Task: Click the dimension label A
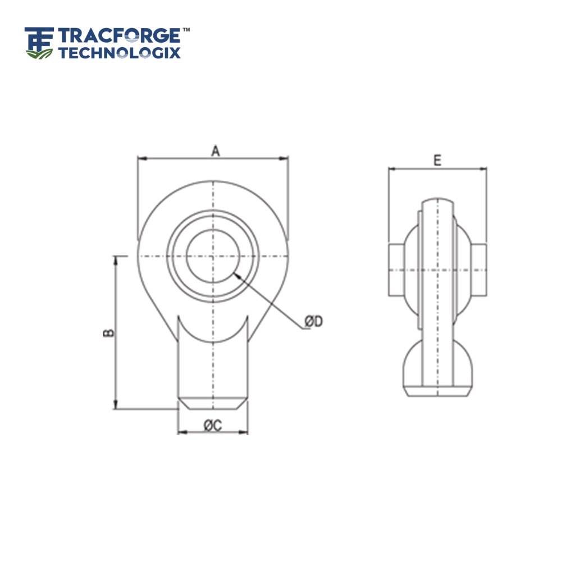coord(214,150)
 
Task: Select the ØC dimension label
coord(213,426)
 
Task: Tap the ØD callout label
coord(313,322)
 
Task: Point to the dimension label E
coord(437,160)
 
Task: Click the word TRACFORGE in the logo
coord(118,37)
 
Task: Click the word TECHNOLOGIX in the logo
coord(120,53)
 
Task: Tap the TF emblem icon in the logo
coord(39,43)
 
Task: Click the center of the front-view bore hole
coord(213,257)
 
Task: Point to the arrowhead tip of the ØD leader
coord(236,274)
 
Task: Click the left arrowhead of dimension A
coord(140,159)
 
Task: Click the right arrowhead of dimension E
coord(484,168)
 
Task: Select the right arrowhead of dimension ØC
coord(245,432)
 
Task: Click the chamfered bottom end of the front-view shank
coord(213,403)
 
